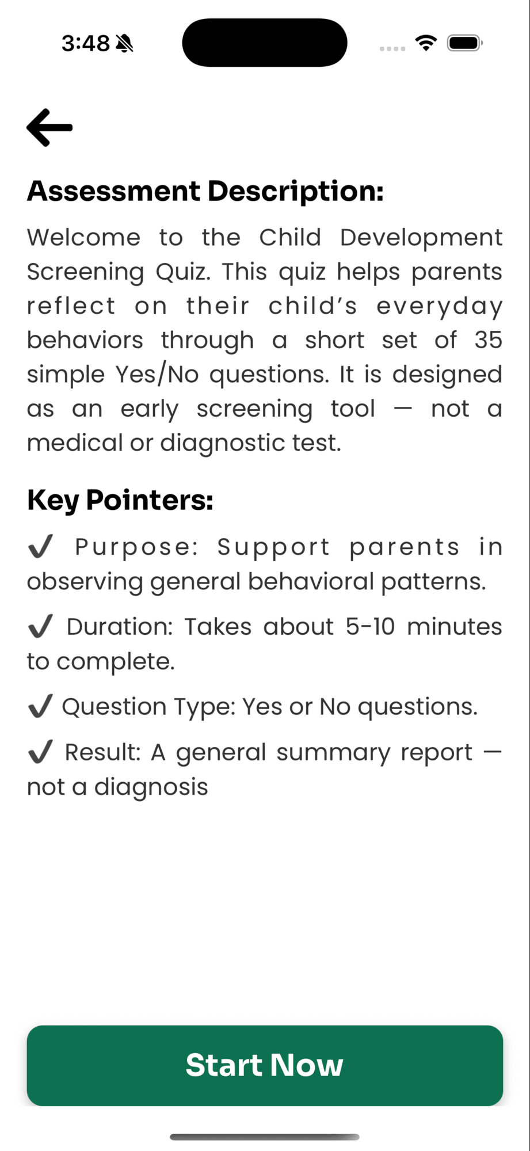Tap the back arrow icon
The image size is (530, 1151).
[x=49, y=127]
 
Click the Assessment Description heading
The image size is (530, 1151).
[x=205, y=191]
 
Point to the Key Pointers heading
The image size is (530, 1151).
[x=120, y=500]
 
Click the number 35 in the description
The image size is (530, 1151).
[x=488, y=340]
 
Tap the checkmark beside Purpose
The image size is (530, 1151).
[x=40, y=546]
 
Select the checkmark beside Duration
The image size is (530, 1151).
[x=40, y=626]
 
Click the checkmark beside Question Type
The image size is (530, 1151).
[x=40, y=706]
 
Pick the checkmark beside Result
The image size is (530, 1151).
[x=40, y=752]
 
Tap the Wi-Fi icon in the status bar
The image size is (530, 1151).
[x=426, y=43]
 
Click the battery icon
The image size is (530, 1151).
[x=464, y=43]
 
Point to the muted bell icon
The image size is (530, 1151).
[x=124, y=43]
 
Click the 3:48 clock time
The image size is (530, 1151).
[x=85, y=43]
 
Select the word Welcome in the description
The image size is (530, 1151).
[x=84, y=238]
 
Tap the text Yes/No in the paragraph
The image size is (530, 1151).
[x=157, y=375]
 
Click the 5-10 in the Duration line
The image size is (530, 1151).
[x=370, y=627]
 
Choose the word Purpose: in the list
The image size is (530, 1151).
[x=136, y=547]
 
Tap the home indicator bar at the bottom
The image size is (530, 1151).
[x=265, y=1137]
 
